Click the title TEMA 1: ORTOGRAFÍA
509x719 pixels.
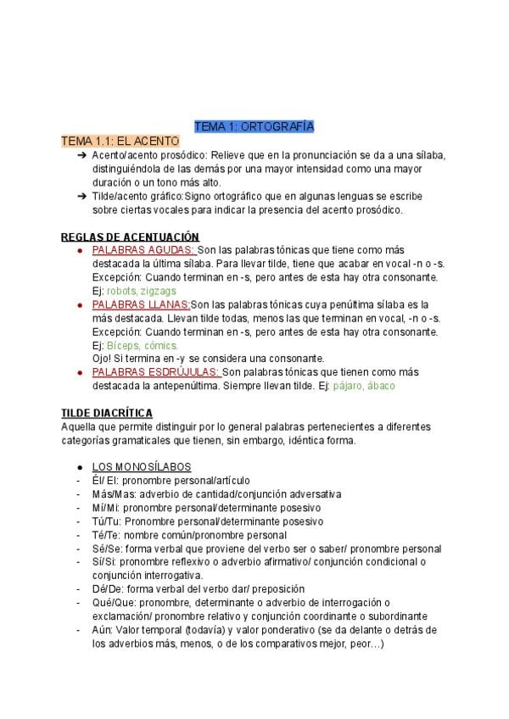255,126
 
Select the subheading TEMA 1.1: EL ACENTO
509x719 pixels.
120,141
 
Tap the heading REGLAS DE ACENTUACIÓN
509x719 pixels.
130,237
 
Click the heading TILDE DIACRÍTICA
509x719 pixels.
107,413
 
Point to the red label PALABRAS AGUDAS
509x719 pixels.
143,250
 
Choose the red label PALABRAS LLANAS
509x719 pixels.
141,304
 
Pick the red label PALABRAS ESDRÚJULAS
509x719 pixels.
155,372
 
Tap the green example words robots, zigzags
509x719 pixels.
142,291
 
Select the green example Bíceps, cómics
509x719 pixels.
143,345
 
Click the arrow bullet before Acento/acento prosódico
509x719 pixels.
81,155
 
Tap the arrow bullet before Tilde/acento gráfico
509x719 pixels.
81,196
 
